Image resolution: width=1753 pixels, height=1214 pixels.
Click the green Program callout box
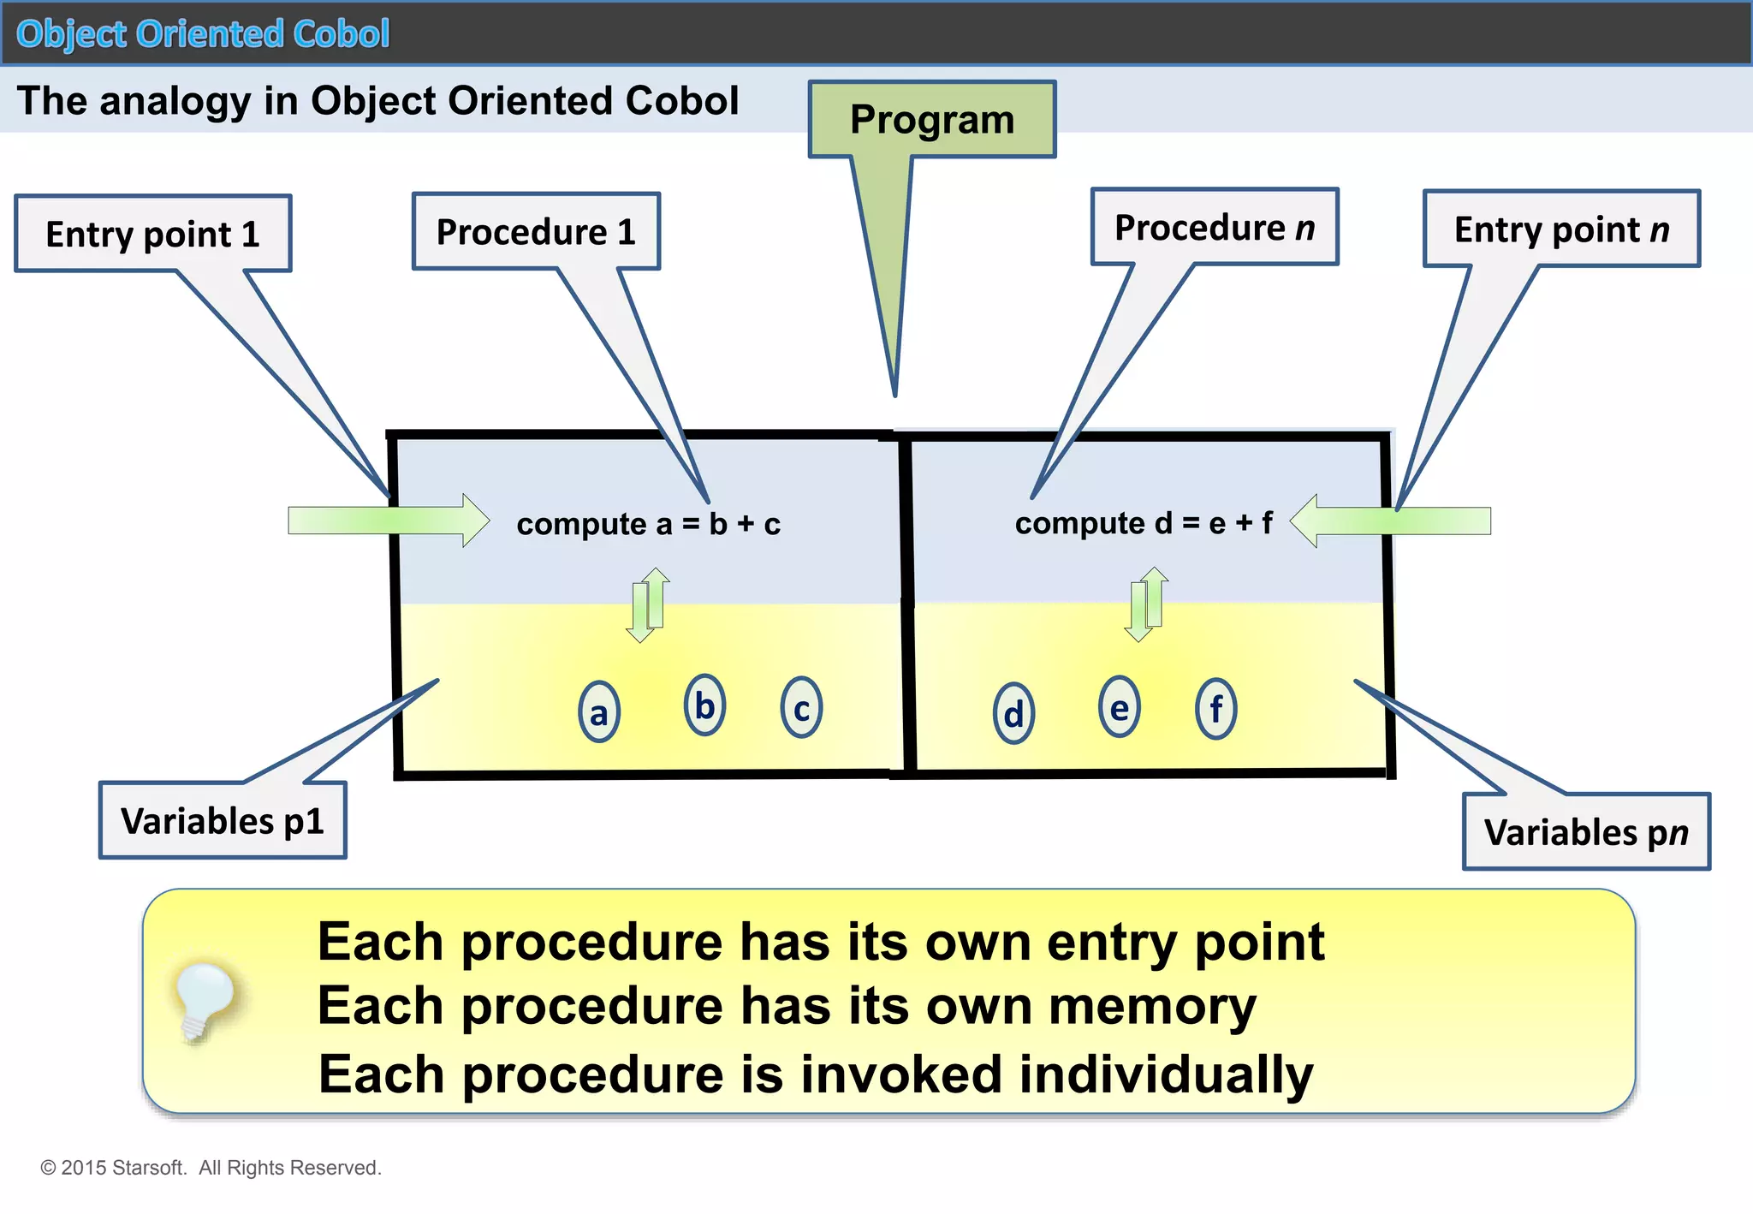tap(931, 120)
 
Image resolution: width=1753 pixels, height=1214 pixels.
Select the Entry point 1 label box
tap(152, 234)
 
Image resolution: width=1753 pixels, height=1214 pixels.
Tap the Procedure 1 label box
tap(536, 232)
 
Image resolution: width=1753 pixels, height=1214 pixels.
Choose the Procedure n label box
tap(1214, 228)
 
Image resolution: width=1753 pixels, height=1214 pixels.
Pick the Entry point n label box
tap(1561, 229)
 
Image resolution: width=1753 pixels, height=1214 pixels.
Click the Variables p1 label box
tap(223, 820)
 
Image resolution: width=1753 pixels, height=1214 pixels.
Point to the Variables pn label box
tap(1586, 831)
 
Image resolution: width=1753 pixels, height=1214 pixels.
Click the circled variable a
tap(599, 712)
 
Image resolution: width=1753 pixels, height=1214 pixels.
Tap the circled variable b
tap(704, 705)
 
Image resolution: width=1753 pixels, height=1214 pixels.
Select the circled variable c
tap(801, 707)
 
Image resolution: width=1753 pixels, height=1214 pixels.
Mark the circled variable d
tap(1013, 713)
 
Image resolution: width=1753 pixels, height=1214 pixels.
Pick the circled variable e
tap(1119, 707)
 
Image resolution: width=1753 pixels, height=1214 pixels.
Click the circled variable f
tap(1215, 708)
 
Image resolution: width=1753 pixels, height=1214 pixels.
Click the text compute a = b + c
tap(648, 524)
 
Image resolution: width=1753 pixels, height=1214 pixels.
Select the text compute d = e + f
tap(1144, 522)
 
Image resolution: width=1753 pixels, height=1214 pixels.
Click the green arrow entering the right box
tap(1389, 521)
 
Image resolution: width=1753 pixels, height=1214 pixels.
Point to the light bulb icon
tap(203, 1000)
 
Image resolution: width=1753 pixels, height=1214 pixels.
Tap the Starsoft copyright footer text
tap(211, 1168)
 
